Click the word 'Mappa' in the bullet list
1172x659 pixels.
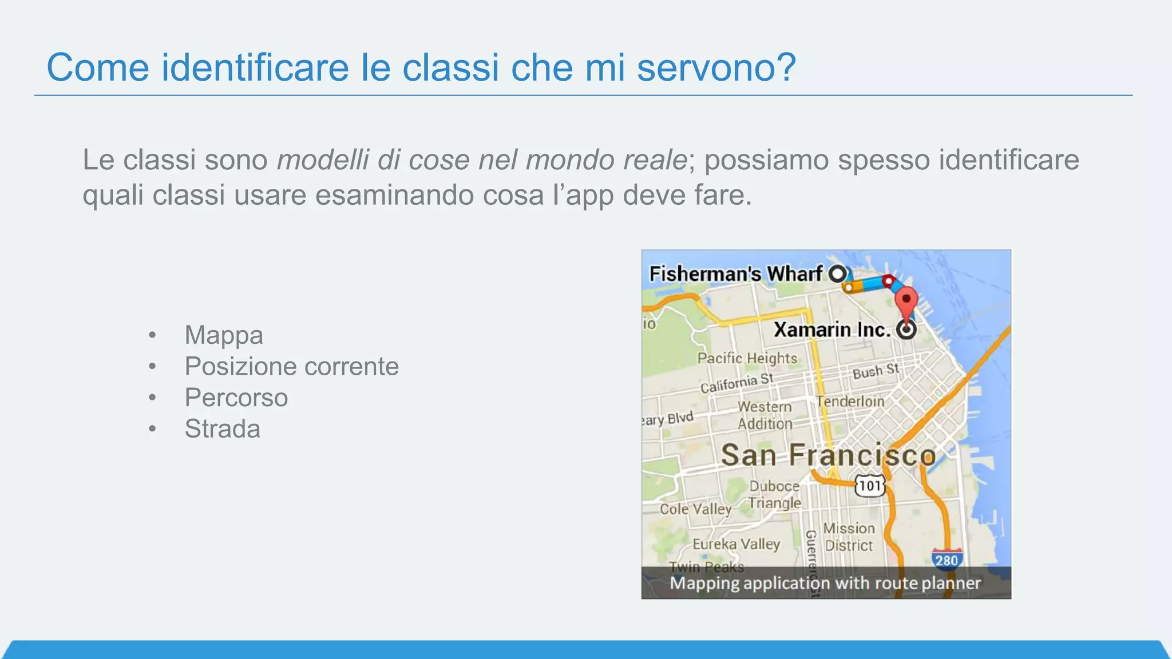(x=223, y=335)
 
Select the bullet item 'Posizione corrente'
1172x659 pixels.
(x=291, y=367)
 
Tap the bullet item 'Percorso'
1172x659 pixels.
(x=236, y=398)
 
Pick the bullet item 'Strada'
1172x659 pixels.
(x=222, y=429)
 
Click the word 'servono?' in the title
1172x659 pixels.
(x=716, y=68)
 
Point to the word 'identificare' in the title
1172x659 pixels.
(x=255, y=68)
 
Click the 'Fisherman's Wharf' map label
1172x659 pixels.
(x=736, y=274)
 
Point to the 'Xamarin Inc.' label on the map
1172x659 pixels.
(x=832, y=330)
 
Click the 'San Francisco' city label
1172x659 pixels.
(x=828, y=455)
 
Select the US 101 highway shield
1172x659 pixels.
(x=870, y=486)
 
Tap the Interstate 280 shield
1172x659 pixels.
(x=947, y=559)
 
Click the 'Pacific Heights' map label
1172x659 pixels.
(x=747, y=359)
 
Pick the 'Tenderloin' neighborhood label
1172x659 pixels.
(x=850, y=402)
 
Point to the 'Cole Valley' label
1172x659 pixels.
(x=695, y=509)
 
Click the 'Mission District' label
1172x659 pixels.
(x=849, y=537)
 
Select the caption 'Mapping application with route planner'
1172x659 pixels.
(x=825, y=583)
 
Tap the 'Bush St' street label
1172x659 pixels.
(x=876, y=371)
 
